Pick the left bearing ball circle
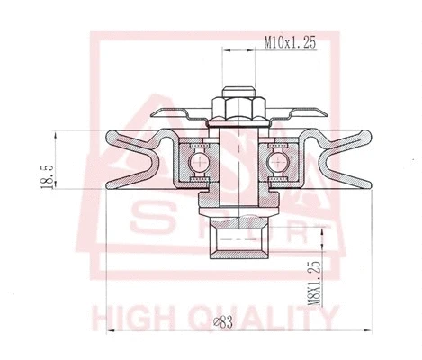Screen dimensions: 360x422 196,162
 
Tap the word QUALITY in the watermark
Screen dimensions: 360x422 270,317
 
